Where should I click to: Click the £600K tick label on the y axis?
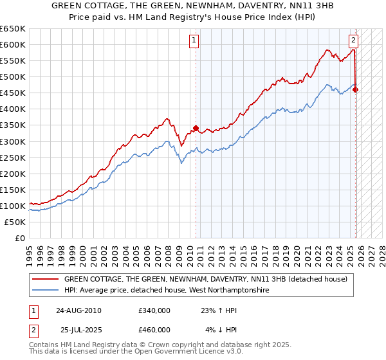13,44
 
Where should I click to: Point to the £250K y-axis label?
13,157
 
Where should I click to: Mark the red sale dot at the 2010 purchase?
196,128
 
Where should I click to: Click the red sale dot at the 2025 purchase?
356,89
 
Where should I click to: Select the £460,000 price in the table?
154,329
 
